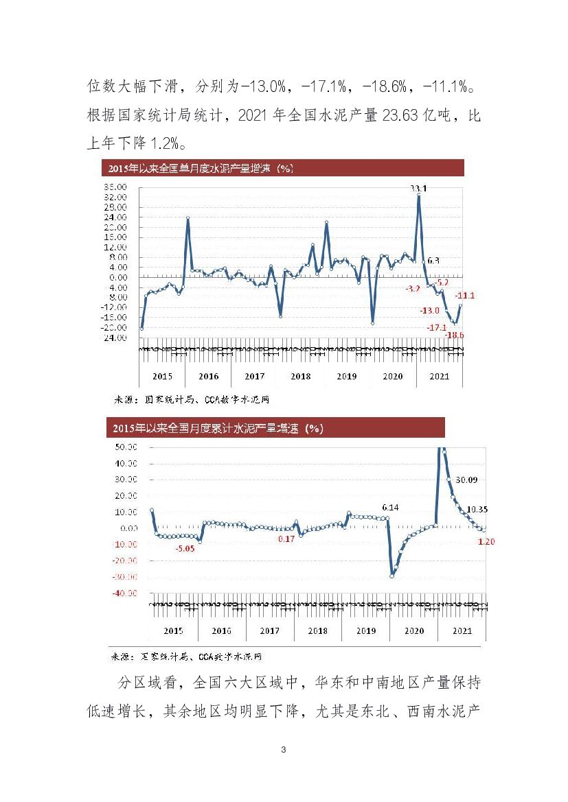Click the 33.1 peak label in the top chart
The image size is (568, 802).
418,188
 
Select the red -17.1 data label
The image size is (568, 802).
436,327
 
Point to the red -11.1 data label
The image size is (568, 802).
465,296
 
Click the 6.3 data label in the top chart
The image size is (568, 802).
433,261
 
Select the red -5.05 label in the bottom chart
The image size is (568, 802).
185,549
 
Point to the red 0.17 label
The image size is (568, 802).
286,539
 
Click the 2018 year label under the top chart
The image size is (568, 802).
300,376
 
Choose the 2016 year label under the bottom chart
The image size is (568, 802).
221,630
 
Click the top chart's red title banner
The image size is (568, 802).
282,168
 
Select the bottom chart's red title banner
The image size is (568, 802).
275,427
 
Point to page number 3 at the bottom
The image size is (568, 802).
284,750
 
